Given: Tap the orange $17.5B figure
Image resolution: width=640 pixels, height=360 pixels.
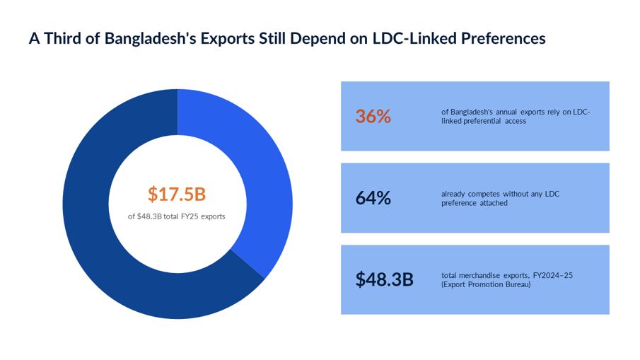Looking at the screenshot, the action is pyautogui.click(x=177, y=194).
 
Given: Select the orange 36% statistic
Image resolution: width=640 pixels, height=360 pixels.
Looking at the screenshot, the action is pyautogui.click(x=373, y=116).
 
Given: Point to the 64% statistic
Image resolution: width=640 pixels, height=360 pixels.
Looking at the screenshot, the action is pyautogui.click(x=373, y=198).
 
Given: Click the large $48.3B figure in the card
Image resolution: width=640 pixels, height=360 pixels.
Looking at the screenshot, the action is pyautogui.click(x=385, y=279).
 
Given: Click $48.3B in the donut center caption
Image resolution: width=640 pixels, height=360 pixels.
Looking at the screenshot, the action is pyautogui.click(x=149, y=216).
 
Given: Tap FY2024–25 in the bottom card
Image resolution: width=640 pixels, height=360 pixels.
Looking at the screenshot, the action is pyautogui.click(x=552, y=276).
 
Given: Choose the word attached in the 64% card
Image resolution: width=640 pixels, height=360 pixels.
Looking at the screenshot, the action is pyautogui.click(x=494, y=203).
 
